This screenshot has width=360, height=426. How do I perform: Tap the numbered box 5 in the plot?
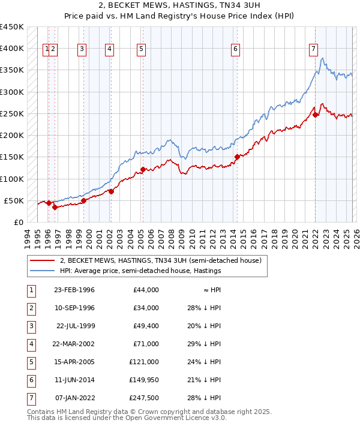(141, 50)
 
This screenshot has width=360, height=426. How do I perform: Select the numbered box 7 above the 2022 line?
(313, 50)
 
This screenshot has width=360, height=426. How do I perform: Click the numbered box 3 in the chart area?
(82, 50)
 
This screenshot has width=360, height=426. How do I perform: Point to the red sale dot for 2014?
(236, 157)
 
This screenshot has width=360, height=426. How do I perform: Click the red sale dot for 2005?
(143, 169)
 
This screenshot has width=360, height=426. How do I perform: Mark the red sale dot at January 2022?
(316, 115)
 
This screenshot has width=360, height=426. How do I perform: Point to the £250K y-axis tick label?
(11, 113)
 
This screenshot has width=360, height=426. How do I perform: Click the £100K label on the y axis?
(11, 179)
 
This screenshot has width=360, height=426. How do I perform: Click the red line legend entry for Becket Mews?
(160, 261)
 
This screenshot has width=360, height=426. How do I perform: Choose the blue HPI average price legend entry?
(140, 271)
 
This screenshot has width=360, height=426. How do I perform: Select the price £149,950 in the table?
(144, 380)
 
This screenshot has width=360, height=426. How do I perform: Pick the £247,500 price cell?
(144, 398)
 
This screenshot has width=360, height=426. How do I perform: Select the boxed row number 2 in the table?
(31, 308)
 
